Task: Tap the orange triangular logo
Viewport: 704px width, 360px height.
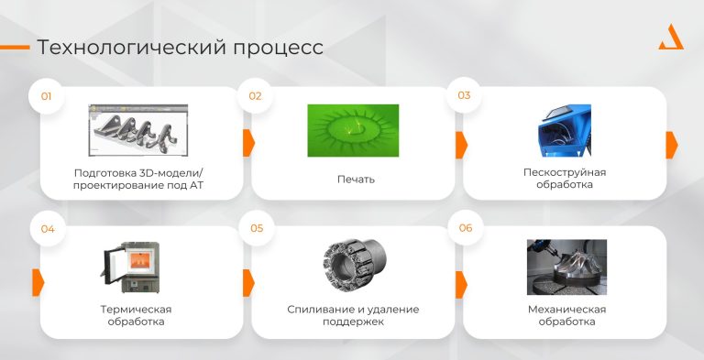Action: pyautogui.click(x=671, y=38)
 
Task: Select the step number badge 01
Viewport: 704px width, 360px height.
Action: pyautogui.click(x=47, y=95)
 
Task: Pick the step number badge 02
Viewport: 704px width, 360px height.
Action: pyautogui.click(x=256, y=95)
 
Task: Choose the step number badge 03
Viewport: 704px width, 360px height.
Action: pyautogui.click(x=464, y=95)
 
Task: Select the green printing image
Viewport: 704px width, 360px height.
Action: pyautogui.click(x=353, y=130)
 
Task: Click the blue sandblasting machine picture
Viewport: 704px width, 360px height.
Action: pyautogui.click(x=565, y=130)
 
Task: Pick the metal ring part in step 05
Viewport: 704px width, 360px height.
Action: pyautogui.click(x=352, y=266)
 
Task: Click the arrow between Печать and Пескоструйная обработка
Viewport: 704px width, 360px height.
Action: pyautogui.click(x=461, y=144)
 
